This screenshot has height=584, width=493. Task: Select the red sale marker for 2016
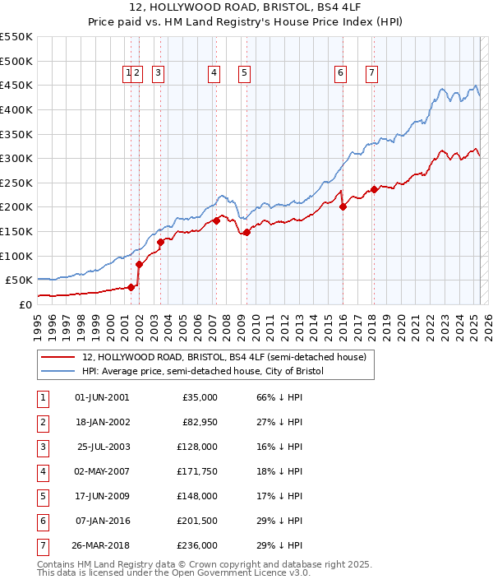pyautogui.click(x=343, y=206)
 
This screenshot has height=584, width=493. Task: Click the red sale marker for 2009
pyautogui.click(x=246, y=233)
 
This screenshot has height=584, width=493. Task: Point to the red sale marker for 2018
pyautogui.click(x=374, y=189)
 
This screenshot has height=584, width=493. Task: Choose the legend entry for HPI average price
pyautogui.click(x=203, y=371)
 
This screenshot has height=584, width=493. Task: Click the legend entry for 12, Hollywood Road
pyautogui.click(x=228, y=357)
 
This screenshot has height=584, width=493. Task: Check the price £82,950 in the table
pyautogui.click(x=200, y=422)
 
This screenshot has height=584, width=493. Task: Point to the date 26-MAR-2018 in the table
pyautogui.click(x=100, y=545)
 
